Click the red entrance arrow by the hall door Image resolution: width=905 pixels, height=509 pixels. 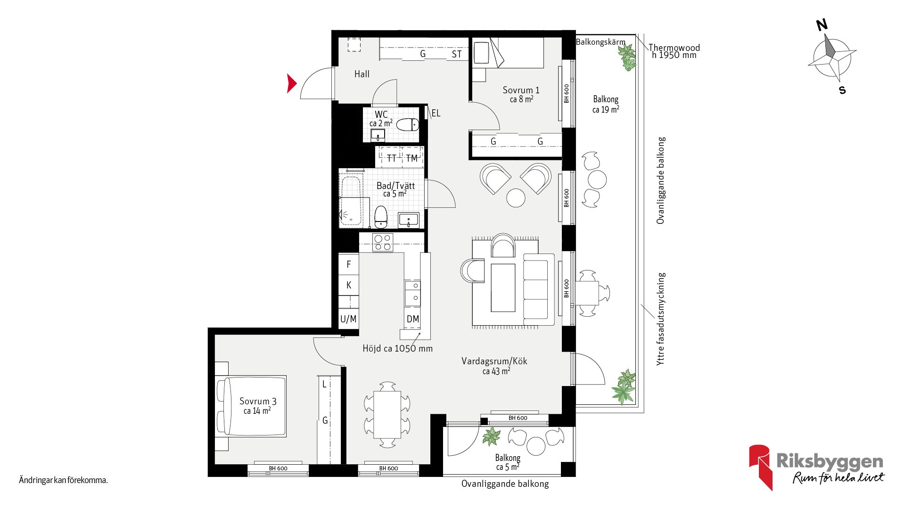(291, 83)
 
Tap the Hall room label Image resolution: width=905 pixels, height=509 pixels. (362, 74)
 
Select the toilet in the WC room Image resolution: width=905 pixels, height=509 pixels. (407, 125)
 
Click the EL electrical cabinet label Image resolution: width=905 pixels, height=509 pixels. (436, 113)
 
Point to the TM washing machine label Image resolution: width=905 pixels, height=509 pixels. (412, 158)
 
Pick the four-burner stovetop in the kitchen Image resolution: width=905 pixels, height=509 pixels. (383, 242)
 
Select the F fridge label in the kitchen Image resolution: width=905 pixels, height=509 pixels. (349, 264)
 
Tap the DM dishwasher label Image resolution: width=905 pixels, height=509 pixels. (413, 319)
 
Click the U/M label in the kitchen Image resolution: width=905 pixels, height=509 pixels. (348, 319)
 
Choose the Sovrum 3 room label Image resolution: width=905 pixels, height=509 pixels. (258, 401)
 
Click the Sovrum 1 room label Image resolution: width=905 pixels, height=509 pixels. (521, 90)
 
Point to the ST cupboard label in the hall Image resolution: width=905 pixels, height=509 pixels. (457, 54)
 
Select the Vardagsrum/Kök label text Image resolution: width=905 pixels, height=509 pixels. (494, 361)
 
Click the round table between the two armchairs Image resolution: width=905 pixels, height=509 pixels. (516, 197)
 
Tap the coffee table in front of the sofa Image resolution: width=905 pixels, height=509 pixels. (503, 287)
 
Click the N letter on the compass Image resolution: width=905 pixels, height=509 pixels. (822, 25)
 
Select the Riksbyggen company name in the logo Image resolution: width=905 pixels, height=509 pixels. (830, 461)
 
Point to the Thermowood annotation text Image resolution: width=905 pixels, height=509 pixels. (674, 48)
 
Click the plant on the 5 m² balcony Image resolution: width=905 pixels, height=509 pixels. (491, 436)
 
